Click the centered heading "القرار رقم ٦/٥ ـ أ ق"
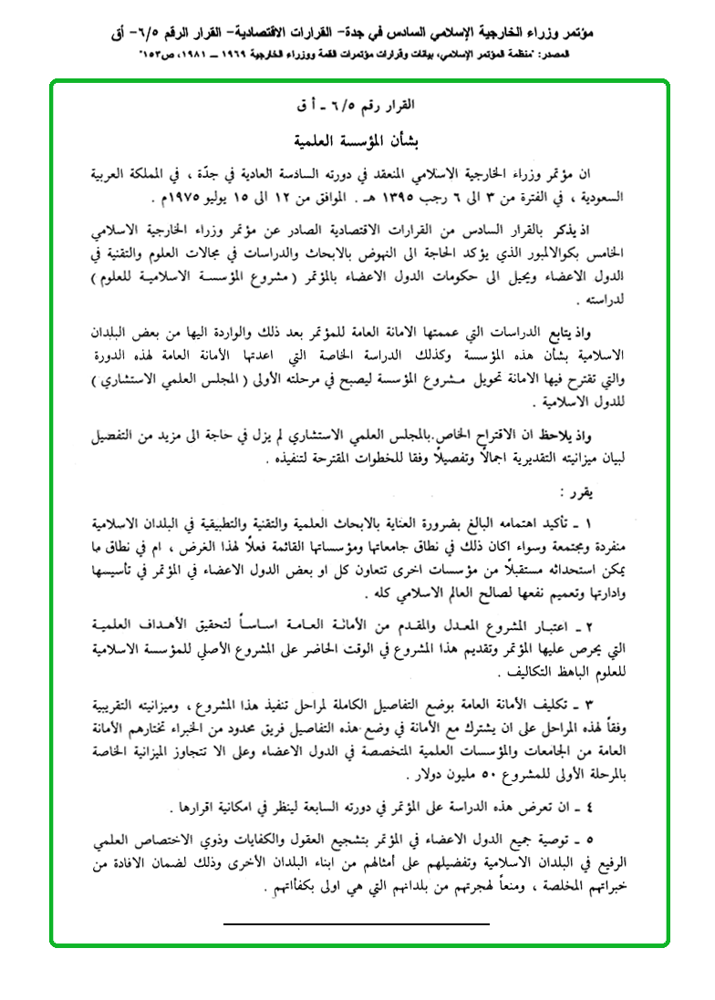pos(358,108)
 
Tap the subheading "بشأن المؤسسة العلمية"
pos(358,142)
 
